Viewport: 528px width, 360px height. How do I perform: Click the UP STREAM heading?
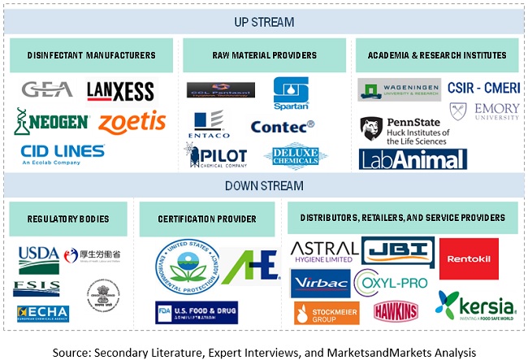[264, 22]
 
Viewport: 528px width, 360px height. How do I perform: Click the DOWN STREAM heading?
[264, 186]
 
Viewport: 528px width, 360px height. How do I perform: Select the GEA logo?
[46, 89]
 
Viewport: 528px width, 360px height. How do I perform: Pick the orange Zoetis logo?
[132, 122]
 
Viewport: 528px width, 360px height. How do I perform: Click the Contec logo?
[282, 127]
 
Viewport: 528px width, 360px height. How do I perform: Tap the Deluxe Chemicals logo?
[296, 156]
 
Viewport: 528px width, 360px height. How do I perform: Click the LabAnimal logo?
[413, 158]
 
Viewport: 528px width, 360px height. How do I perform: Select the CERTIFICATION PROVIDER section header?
[207, 219]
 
